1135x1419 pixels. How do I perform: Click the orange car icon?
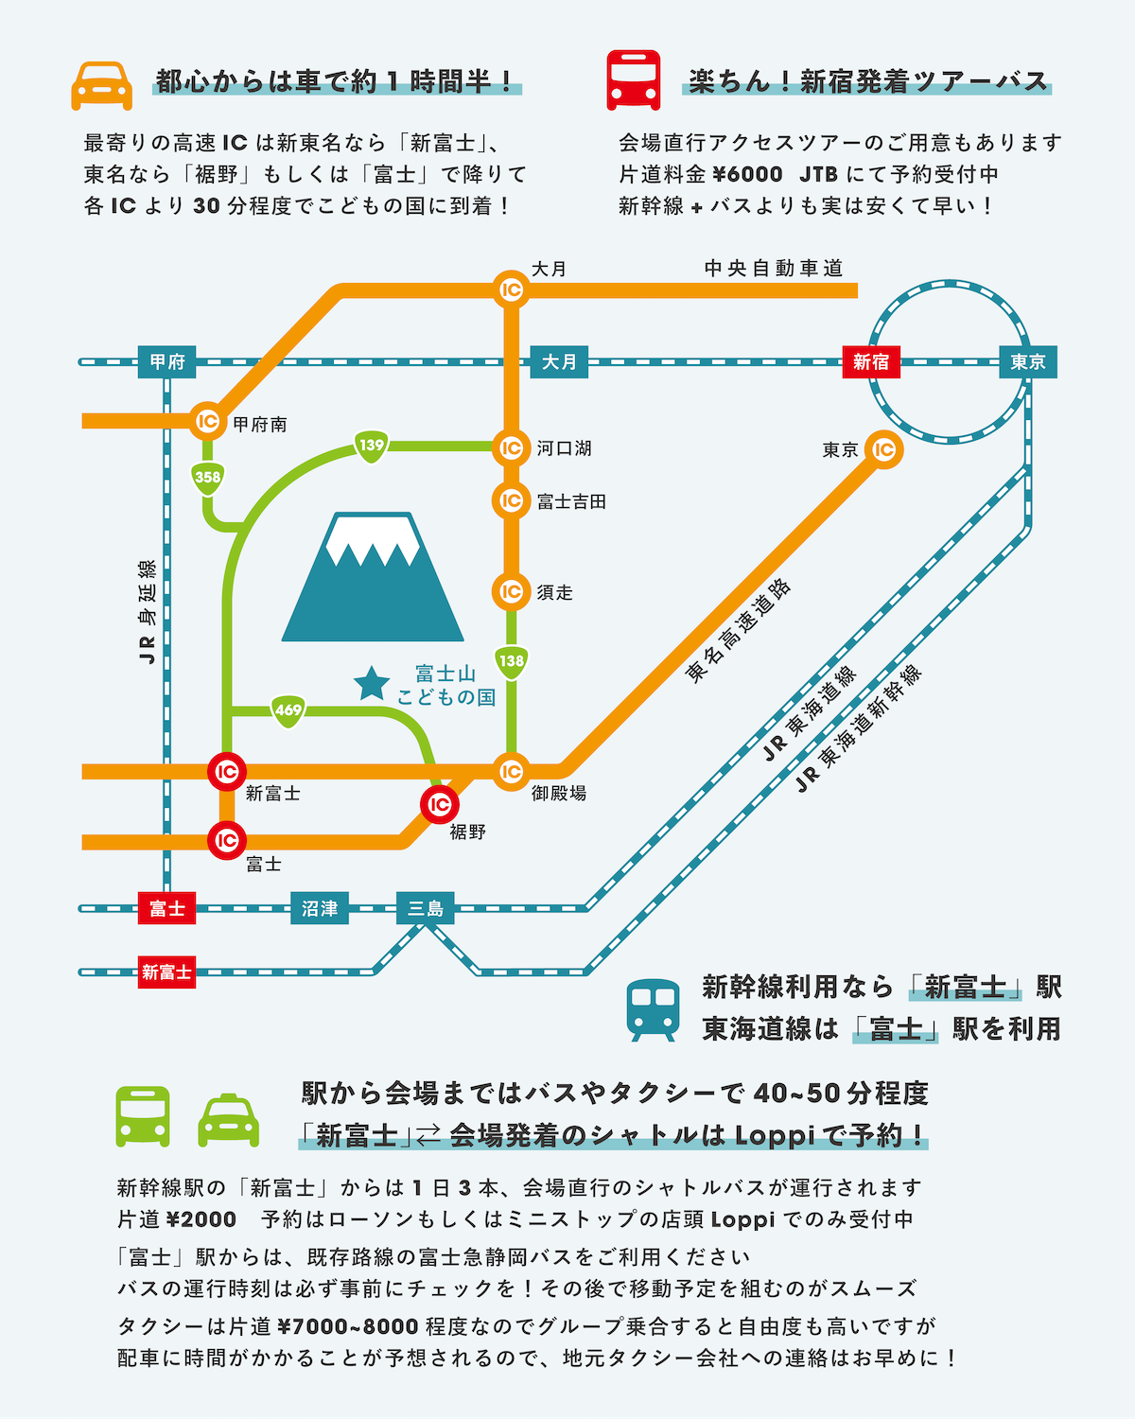point(101,86)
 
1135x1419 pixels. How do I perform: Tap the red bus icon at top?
point(633,81)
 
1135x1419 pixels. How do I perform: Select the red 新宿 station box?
point(870,361)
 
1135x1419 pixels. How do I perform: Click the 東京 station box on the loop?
point(1027,361)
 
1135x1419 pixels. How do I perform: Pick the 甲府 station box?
point(167,361)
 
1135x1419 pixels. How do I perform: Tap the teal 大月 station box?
point(559,361)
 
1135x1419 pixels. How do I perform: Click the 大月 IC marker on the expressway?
point(511,289)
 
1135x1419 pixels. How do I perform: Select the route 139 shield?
point(372,446)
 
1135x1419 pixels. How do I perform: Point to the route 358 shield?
point(207,477)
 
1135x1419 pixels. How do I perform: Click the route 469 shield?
point(288,710)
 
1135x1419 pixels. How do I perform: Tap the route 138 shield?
point(511,661)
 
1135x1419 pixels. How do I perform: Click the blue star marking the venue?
point(372,683)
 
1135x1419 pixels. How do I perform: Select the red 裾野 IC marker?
point(440,805)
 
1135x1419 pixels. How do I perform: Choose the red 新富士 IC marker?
point(227,772)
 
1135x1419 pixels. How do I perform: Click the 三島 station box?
point(425,908)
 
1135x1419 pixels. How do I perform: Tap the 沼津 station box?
point(319,908)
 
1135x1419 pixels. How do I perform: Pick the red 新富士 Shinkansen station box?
point(166,972)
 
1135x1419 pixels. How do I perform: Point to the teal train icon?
point(654,1009)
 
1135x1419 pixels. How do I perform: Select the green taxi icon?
point(228,1120)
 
